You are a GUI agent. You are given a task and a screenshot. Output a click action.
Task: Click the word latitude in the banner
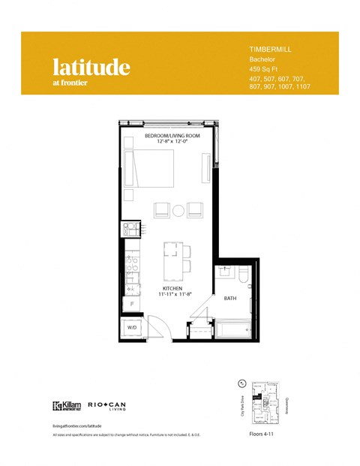click(x=91, y=67)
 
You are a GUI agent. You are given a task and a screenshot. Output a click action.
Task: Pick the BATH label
click(x=230, y=298)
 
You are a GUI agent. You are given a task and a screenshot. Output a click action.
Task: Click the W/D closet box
click(x=130, y=327)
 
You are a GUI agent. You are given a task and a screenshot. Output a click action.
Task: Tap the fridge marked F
click(x=132, y=304)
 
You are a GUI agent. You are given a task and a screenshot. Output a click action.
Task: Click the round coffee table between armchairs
click(x=178, y=210)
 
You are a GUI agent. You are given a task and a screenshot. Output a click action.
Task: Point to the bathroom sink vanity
click(x=223, y=278)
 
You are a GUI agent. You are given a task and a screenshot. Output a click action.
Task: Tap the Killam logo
click(x=67, y=407)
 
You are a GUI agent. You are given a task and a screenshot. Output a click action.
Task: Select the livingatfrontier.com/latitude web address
click(x=76, y=425)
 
